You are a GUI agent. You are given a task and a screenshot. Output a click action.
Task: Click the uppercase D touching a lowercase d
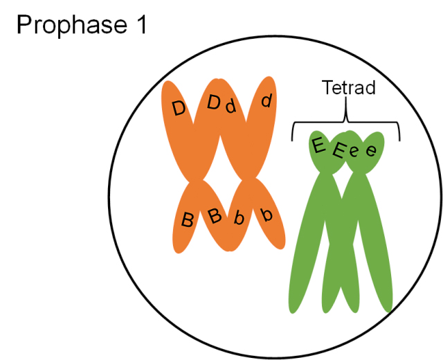(x=214, y=103)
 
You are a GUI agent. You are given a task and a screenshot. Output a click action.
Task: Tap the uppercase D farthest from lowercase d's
(x=179, y=109)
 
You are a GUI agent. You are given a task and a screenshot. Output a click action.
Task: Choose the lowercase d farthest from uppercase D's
(x=266, y=102)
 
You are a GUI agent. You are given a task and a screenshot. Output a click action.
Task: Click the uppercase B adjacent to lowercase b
(x=215, y=216)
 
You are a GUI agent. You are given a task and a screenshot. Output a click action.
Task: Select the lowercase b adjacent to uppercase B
(x=239, y=219)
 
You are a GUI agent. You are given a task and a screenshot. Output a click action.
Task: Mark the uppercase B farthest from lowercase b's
(x=187, y=221)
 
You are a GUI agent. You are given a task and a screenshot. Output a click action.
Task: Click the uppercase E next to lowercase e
(x=338, y=150)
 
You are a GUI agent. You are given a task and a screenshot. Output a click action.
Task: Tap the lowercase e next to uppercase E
(x=354, y=152)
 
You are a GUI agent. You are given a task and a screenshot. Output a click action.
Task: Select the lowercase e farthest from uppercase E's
(x=371, y=150)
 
